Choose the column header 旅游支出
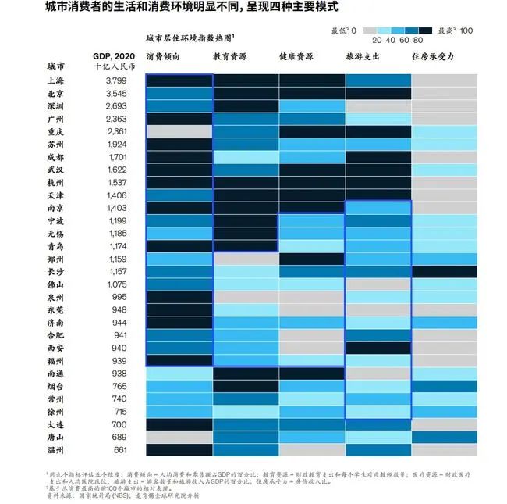(363, 57)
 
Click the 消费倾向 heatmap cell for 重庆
(179, 131)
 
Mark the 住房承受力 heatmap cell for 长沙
(445, 271)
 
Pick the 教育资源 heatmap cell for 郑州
(245, 259)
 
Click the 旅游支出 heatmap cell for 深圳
(378, 106)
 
